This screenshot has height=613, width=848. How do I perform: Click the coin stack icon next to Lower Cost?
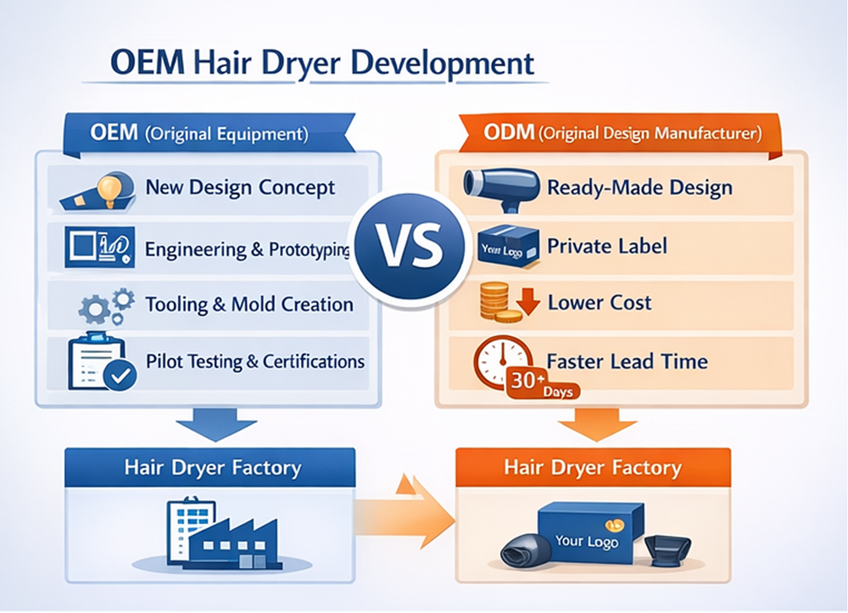click(494, 303)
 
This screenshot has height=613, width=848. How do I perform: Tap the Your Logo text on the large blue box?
click(586, 541)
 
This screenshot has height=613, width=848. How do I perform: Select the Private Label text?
click(606, 246)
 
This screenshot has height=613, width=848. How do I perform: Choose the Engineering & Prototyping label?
click(248, 249)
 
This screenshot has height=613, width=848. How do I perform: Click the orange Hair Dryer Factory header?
click(592, 467)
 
